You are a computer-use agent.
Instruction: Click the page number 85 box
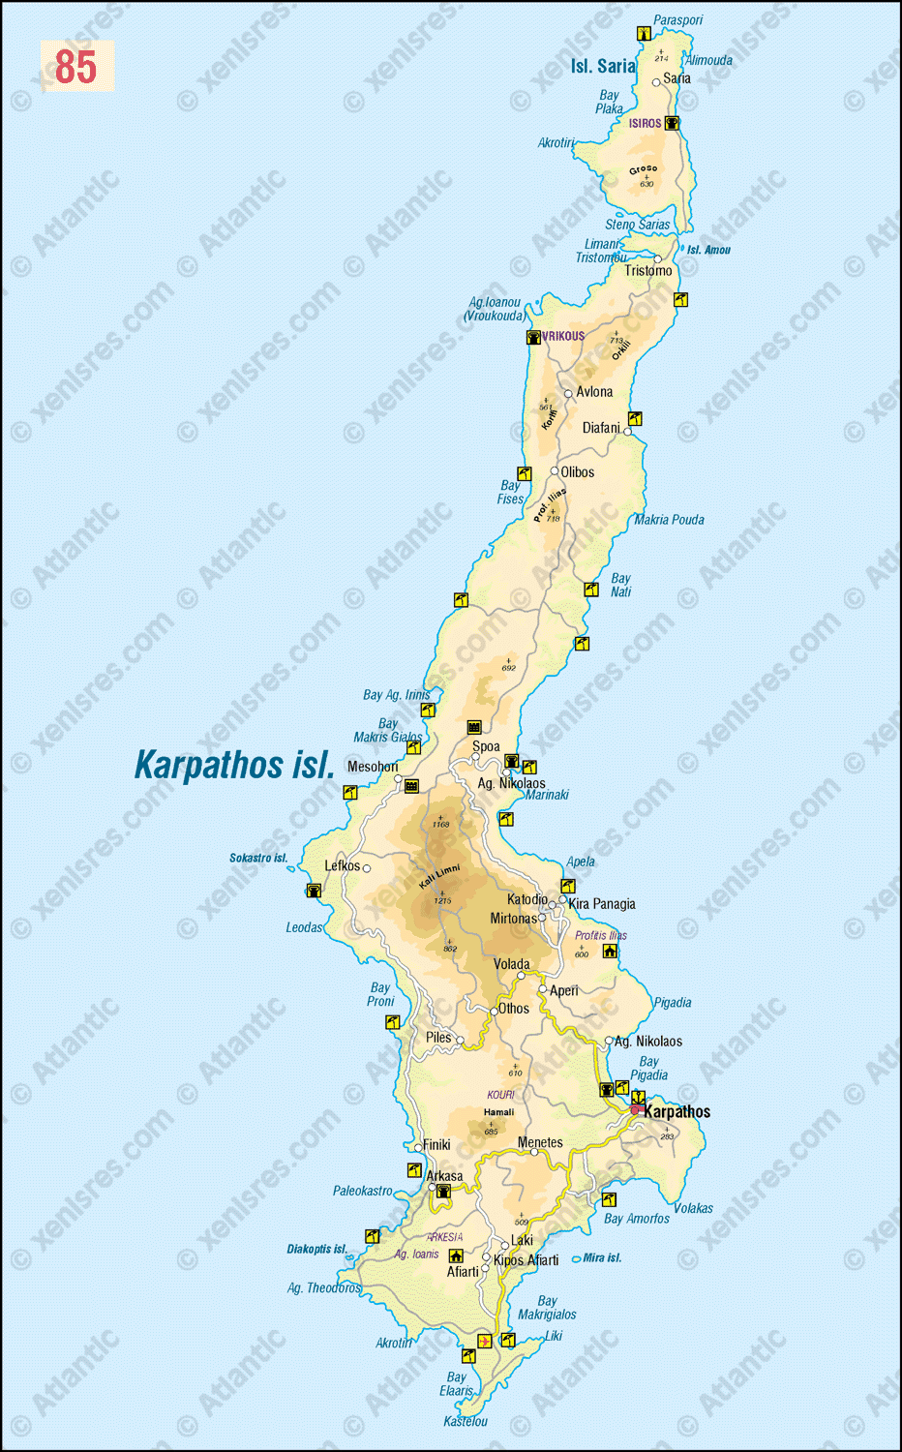coord(76,67)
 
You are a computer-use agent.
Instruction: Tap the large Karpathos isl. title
coord(234,765)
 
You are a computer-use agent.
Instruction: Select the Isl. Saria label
coord(602,67)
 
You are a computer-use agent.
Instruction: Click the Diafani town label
coord(601,428)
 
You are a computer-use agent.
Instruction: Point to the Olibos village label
coord(578,472)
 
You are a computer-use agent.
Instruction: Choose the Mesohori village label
coord(373,767)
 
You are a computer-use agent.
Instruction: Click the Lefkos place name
coord(342,865)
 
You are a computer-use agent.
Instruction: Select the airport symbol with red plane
coord(484,1342)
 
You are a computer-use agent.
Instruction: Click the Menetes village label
coord(540,1142)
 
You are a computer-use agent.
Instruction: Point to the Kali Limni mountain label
coord(439,876)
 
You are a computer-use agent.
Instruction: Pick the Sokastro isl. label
coord(258,858)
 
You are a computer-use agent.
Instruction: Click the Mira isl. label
coord(602,1258)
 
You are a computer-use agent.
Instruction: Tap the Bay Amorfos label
coord(637,1219)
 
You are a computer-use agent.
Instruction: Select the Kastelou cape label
coord(466,1421)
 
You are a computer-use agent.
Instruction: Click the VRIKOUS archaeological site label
coord(563,336)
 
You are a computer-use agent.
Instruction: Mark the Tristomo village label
coord(648,271)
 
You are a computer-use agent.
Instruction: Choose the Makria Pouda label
coord(670,520)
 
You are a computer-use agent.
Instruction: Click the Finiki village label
coord(436,1144)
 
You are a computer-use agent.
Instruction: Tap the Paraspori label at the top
coord(678,20)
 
